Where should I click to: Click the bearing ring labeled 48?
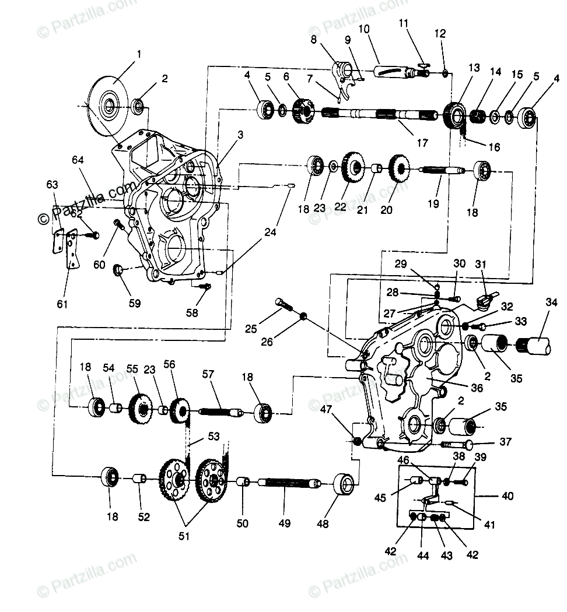tap(345, 484)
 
